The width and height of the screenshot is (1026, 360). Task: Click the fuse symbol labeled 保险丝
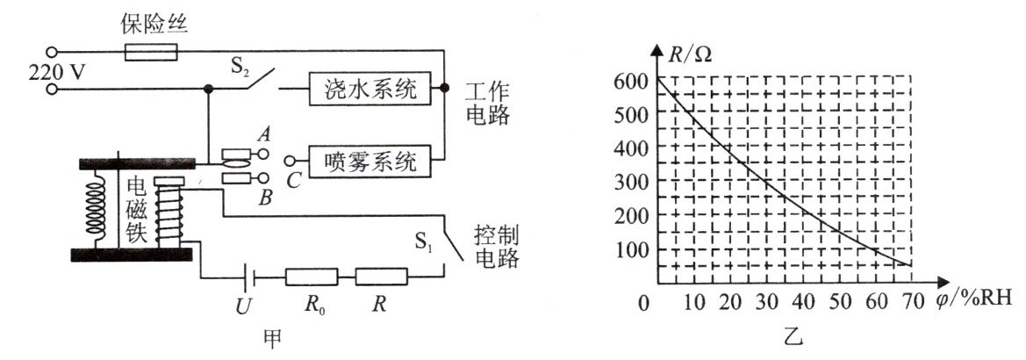click(x=152, y=54)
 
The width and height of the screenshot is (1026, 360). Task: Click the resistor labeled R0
click(x=312, y=277)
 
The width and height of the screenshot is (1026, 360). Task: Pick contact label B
click(x=264, y=198)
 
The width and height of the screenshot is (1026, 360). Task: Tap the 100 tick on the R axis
click(x=632, y=249)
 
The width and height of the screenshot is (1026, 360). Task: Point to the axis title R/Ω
click(x=692, y=54)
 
